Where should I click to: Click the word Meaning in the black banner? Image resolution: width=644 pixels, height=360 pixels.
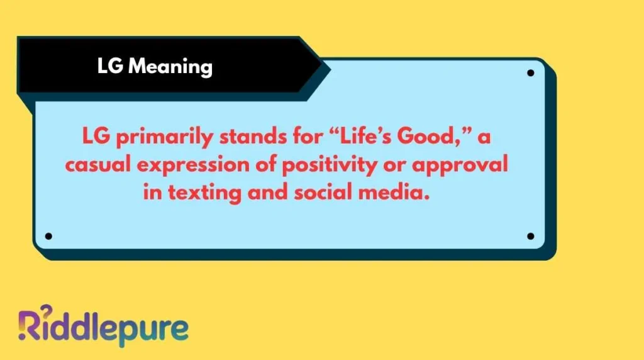point(170,66)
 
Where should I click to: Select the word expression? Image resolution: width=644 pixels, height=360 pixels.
point(201,166)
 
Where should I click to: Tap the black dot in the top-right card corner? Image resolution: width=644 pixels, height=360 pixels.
point(530,73)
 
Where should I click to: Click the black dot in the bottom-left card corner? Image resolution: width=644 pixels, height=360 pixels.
point(48,236)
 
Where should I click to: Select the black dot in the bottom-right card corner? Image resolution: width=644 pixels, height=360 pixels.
point(530,236)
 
